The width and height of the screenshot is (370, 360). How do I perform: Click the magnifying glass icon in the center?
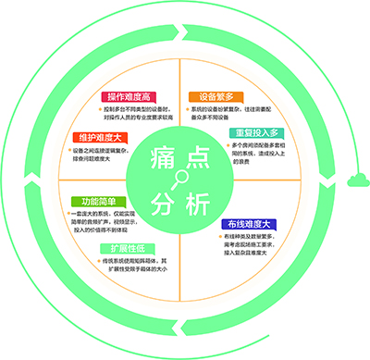(179, 179)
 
